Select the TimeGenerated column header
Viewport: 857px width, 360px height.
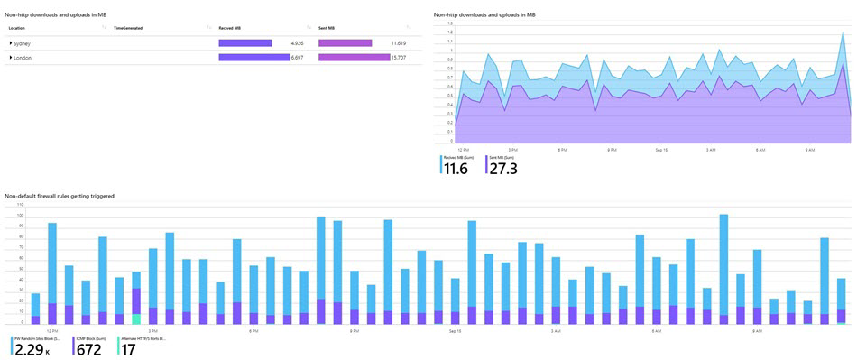pyautogui.click(x=127, y=28)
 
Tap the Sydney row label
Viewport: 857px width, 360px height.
pyautogui.click(x=22, y=43)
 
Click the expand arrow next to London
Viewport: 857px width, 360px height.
pyautogui.click(x=11, y=58)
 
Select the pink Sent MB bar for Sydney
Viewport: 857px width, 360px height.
pyautogui.click(x=345, y=43)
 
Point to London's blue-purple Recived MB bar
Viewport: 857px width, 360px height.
pyautogui.click(x=253, y=58)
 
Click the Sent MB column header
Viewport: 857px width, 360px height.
pyautogui.click(x=327, y=28)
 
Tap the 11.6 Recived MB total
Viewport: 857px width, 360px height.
pyautogui.click(x=456, y=169)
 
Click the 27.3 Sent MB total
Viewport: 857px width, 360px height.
pyautogui.click(x=503, y=169)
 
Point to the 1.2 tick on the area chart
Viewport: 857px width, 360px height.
pyautogui.click(x=450, y=32)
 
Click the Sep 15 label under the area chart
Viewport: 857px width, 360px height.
pyautogui.click(x=661, y=149)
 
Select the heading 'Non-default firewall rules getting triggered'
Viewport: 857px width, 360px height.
pyautogui.click(x=59, y=196)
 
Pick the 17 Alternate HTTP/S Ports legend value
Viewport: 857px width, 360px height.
pyautogui.click(x=127, y=350)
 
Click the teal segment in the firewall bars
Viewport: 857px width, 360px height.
pyautogui.click(x=136, y=318)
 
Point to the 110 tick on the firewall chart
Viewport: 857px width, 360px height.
pyautogui.click(x=9, y=207)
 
